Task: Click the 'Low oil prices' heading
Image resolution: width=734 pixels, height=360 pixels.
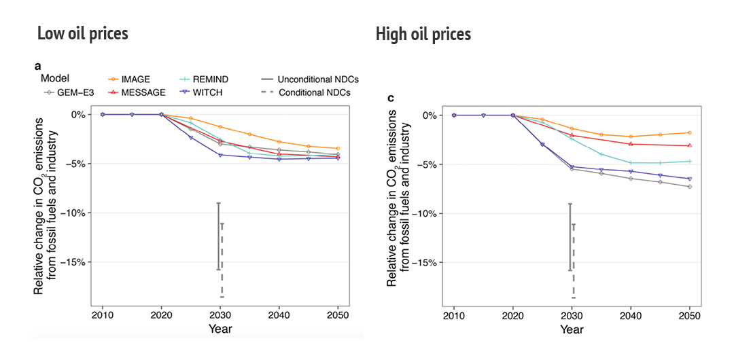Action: (x=82, y=33)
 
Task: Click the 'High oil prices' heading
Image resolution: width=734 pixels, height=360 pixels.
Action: (x=423, y=34)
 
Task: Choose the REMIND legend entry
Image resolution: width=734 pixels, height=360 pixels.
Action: (x=209, y=79)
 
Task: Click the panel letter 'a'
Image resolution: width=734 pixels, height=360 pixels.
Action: (x=37, y=66)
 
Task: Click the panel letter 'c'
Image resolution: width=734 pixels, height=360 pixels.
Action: (x=390, y=98)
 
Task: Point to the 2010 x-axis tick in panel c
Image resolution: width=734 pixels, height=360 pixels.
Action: (x=454, y=316)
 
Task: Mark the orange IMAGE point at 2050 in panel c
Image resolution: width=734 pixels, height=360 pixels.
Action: (x=690, y=132)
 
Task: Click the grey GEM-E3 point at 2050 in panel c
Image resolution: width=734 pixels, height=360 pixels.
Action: (x=690, y=187)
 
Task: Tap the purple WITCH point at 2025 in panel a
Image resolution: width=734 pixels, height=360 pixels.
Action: (x=191, y=138)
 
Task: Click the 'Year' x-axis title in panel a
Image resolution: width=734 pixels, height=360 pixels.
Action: (x=220, y=329)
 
